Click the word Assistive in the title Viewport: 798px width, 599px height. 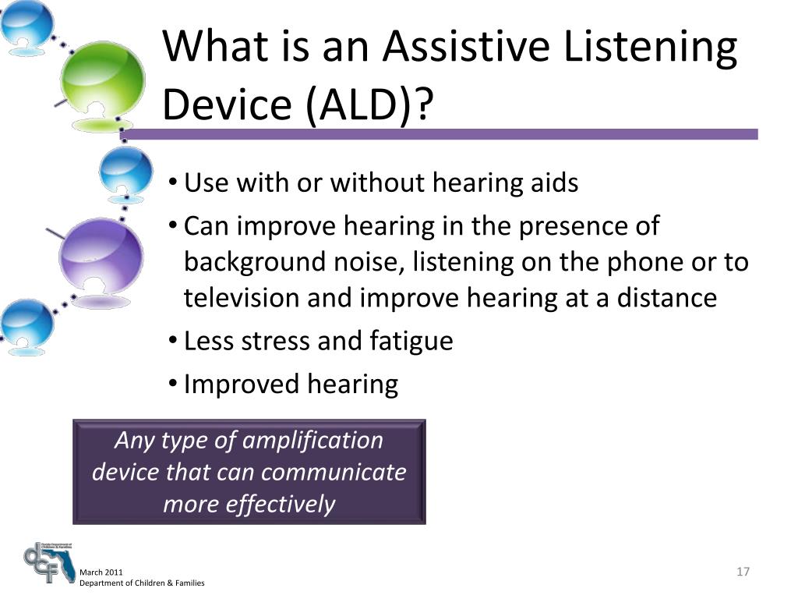pos(466,46)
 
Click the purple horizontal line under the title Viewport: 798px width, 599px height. pos(439,134)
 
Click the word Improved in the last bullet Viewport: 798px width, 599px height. pos(240,385)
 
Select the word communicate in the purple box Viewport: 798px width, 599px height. pos(334,472)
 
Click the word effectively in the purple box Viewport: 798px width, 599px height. pos(280,505)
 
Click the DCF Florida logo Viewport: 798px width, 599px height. pos(49,563)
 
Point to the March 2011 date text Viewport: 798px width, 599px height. pos(101,572)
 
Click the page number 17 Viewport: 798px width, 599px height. pos(743,572)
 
